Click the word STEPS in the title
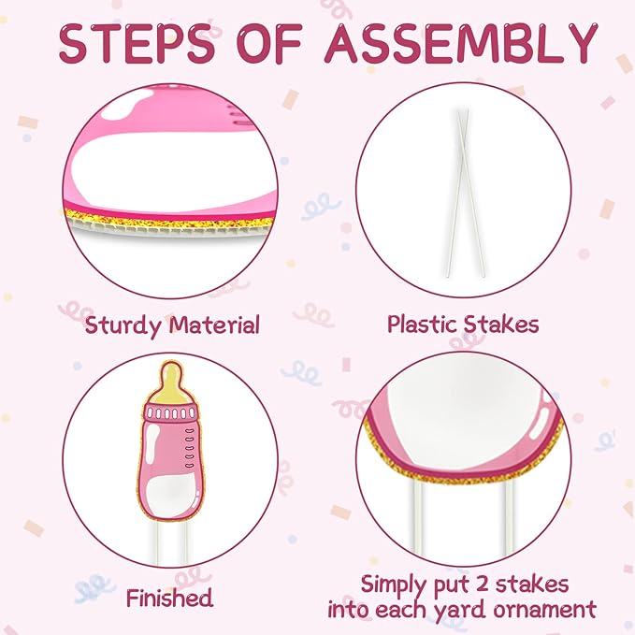(x=137, y=44)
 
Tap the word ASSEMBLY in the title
(x=461, y=44)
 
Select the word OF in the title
(x=270, y=44)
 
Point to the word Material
(x=214, y=325)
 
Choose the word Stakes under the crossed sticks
(x=501, y=324)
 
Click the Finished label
(x=169, y=598)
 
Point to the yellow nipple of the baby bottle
(x=172, y=382)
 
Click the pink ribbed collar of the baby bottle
(x=171, y=412)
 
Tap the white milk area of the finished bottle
(x=172, y=494)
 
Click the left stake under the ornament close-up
(x=417, y=518)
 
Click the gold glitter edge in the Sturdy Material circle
(x=170, y=219)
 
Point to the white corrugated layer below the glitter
(x=170, y=230)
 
